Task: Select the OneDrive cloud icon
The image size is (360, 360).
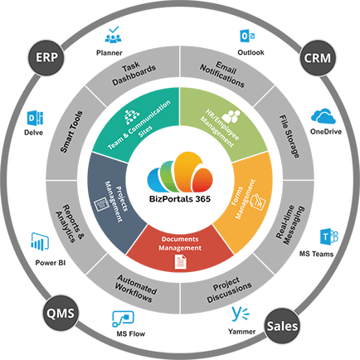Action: tap(323, 117)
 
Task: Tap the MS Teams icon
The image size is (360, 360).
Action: tap(328, 235)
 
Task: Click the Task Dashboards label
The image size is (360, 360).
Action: tap(131, 75)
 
